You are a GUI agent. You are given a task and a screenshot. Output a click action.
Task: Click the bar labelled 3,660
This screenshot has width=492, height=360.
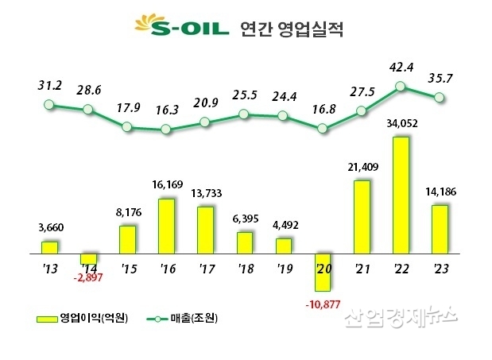click(50, 248)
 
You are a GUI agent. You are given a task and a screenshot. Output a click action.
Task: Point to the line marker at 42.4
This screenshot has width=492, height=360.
click(401, 86)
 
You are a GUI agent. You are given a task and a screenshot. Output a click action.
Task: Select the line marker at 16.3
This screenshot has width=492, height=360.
click(166, 129)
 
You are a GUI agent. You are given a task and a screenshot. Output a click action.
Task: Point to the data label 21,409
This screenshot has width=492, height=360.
click(361, 168)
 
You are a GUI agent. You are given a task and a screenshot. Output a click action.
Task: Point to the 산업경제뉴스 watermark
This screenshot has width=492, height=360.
click(401, 318)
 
